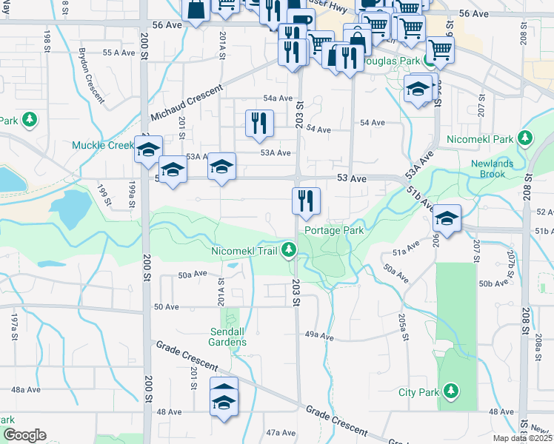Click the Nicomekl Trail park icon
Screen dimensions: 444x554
(x=293, y=251)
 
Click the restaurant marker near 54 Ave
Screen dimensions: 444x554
(x=259, y=124)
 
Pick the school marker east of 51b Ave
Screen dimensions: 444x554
(x=447, y=218)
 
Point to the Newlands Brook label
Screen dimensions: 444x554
(x=498, y=169)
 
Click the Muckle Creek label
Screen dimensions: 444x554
(x=102, y=145)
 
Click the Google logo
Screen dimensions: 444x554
(x=24, y=435)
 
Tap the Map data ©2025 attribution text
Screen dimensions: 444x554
(x=522, y=438)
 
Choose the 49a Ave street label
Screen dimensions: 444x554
(x=320, y=334)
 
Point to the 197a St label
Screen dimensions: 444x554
(x=14, y=326)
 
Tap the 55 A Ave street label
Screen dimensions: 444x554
(x=118, y=53)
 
